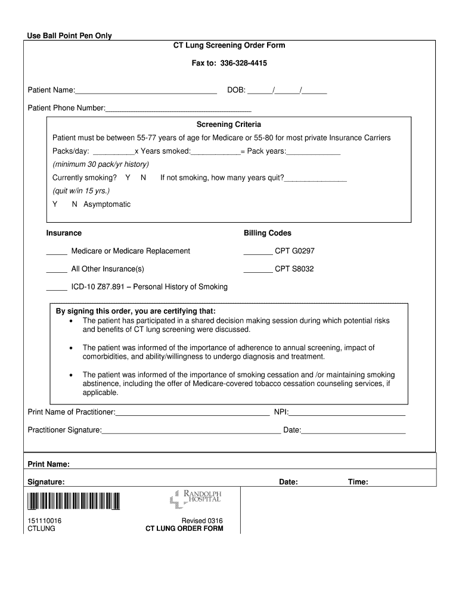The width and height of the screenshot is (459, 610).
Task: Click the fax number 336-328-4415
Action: tap(243, 63)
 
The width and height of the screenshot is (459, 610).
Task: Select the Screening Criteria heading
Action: tap(229, 125)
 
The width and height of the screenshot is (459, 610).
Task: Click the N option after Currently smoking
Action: tap(143, 178)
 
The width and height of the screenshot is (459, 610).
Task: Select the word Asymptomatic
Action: tap(107, 204)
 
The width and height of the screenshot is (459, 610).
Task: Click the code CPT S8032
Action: tap(294, 269)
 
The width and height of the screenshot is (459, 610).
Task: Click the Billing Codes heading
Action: tap(267, 233)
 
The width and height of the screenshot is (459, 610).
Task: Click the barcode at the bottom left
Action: tap(73, 502)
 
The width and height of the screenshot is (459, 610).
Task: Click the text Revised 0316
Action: tap(202, 521)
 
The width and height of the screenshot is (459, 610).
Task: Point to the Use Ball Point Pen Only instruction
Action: tap(69, 36)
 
